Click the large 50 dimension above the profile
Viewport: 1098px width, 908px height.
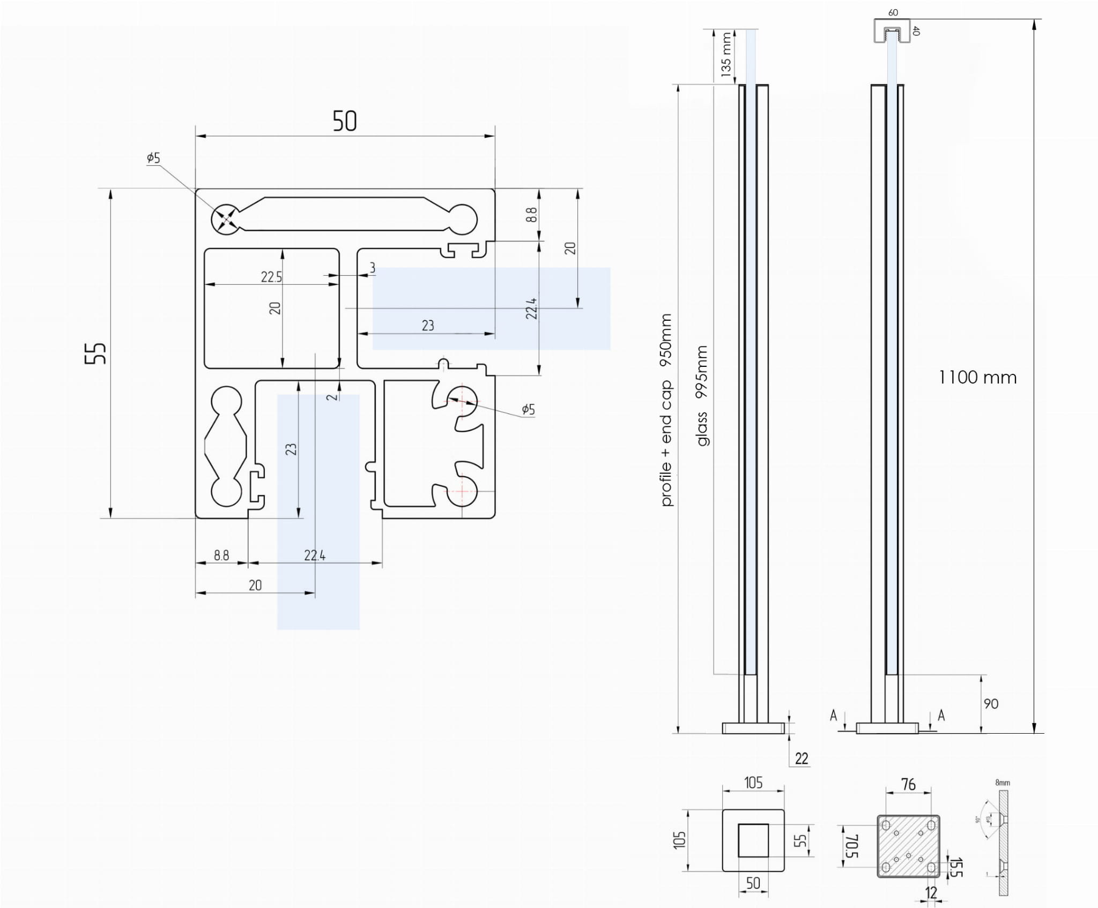(x=344, y=121)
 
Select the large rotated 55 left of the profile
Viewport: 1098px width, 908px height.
(x=96, y=353)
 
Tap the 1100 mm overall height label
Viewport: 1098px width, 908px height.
(x=977, y=378)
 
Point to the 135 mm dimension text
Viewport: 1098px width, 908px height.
(x=725, y=54)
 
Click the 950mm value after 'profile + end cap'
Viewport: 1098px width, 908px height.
(x=665, y=340)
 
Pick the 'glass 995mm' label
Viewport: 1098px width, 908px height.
(x=702, y=396)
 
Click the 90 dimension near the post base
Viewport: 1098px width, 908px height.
(x=991, y=704)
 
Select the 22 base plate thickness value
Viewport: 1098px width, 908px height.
(x=802, y=758)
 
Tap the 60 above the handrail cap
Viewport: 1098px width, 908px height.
(x=893, y=13)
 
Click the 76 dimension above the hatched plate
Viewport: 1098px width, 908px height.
(x=908, y=785)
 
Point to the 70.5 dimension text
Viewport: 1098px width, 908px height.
(x=852, y=846)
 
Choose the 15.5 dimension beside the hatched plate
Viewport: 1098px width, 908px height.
(x=956, y=867)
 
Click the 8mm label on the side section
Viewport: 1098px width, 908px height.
(x=1003, y=782)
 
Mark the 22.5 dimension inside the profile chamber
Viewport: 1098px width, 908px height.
(x=271, y=277)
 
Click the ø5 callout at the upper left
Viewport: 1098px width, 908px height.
(x=153, y=158)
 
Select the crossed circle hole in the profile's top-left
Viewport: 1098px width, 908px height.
(x=226, y=219)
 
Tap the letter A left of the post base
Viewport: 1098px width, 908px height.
(x=833, y=715)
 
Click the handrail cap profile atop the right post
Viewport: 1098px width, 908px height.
(x=892, y=31)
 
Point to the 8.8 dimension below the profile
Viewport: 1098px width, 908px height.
(x=221, y=555)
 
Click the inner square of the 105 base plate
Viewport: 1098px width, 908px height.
(x=753, y=840)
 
